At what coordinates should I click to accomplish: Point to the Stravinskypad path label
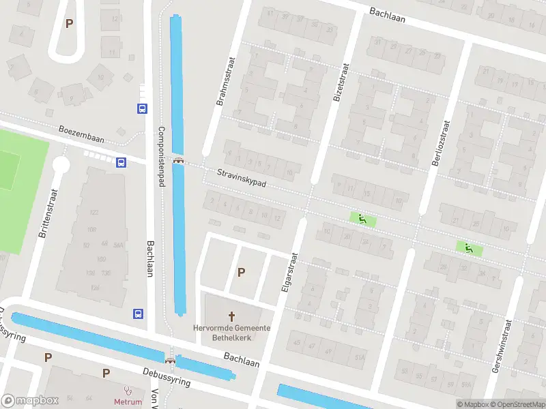click(242, 179)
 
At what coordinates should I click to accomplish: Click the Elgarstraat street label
click(290, 272)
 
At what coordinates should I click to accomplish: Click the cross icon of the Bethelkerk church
click(231, 316)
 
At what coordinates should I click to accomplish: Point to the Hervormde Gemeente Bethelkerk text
click(231, 333)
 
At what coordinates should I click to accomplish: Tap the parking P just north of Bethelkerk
click(240, 272)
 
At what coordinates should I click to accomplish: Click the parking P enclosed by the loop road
click(68, 23)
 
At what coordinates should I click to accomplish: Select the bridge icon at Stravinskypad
click(179, 161)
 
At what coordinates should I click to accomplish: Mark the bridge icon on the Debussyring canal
click(170, 360)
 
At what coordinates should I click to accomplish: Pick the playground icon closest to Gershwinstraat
click(468, 249)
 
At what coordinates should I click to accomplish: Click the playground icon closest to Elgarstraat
click(362, 219)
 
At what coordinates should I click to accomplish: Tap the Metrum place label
click(127, 402)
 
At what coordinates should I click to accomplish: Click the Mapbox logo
click(29, 401)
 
